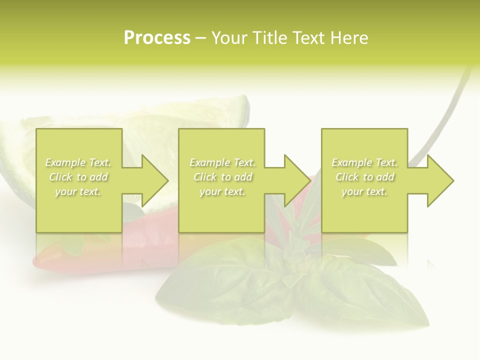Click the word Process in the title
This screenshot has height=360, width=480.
click(x=157, y=38)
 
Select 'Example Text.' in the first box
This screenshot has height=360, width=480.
click(x=78, y=162)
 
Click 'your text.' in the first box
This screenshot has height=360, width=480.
click(x=78, y=191)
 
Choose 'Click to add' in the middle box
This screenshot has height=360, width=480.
click(x=222, y=177)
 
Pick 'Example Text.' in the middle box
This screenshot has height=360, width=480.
click(x=222, y=162)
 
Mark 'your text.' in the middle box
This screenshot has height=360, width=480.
click(x=222, y=191)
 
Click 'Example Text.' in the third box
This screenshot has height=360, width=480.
click(x=364, y=162)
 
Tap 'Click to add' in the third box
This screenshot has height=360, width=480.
click(x=364, y=177)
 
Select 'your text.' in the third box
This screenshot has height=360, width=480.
click(x=364, y=191)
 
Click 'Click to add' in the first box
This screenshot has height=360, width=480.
click(x=78, y=177)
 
